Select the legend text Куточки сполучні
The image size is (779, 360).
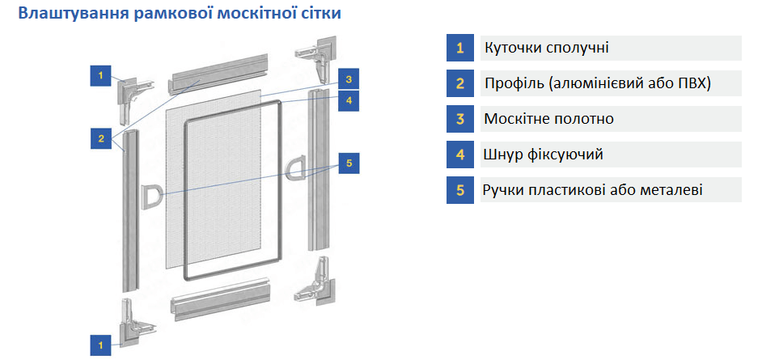[x=546, y=48]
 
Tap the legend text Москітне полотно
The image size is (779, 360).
[x=548, y=119]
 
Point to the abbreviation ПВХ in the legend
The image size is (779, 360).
[x=692, y=83]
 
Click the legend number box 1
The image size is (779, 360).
[x=459, y=48]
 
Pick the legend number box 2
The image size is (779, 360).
[x=459, y=83]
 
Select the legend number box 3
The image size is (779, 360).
[x=459, y=119]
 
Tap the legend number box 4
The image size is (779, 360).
[x=459, y=155]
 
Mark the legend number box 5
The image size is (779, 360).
[x=459, y=190]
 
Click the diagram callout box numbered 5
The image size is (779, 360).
[x=349, y=163]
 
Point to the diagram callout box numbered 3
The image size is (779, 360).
[x=349, y=79]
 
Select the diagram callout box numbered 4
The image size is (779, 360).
[x=349, y=101]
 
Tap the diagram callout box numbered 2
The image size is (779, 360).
[x=100, y=138]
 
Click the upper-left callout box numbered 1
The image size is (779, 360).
[x=100, y=75]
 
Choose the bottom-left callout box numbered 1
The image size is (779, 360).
[x=100, y=345]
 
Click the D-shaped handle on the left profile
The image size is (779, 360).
[x=150, y=195]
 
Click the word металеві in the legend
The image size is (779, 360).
[x=667, y=190]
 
